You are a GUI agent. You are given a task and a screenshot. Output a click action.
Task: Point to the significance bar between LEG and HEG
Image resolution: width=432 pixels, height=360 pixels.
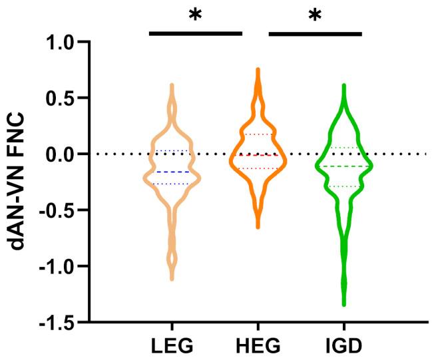click(195, 33)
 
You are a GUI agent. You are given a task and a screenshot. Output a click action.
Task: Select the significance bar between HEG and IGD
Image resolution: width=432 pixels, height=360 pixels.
click(314, 33)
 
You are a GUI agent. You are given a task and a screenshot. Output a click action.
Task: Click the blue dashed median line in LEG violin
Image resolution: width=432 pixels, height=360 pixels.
click(172, 172)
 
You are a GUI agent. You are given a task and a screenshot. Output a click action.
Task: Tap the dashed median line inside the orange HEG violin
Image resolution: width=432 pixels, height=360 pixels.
click(258, 155)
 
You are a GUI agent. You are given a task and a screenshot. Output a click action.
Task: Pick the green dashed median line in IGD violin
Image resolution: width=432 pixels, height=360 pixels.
click(344, 166)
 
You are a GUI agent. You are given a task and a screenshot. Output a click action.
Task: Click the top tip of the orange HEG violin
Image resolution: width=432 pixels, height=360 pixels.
click(258, 69)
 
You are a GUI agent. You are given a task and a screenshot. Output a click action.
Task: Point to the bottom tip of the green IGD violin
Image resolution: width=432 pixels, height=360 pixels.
click(344, 304)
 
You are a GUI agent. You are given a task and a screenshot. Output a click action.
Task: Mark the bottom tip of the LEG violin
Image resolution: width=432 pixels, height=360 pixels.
click(172, 278)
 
